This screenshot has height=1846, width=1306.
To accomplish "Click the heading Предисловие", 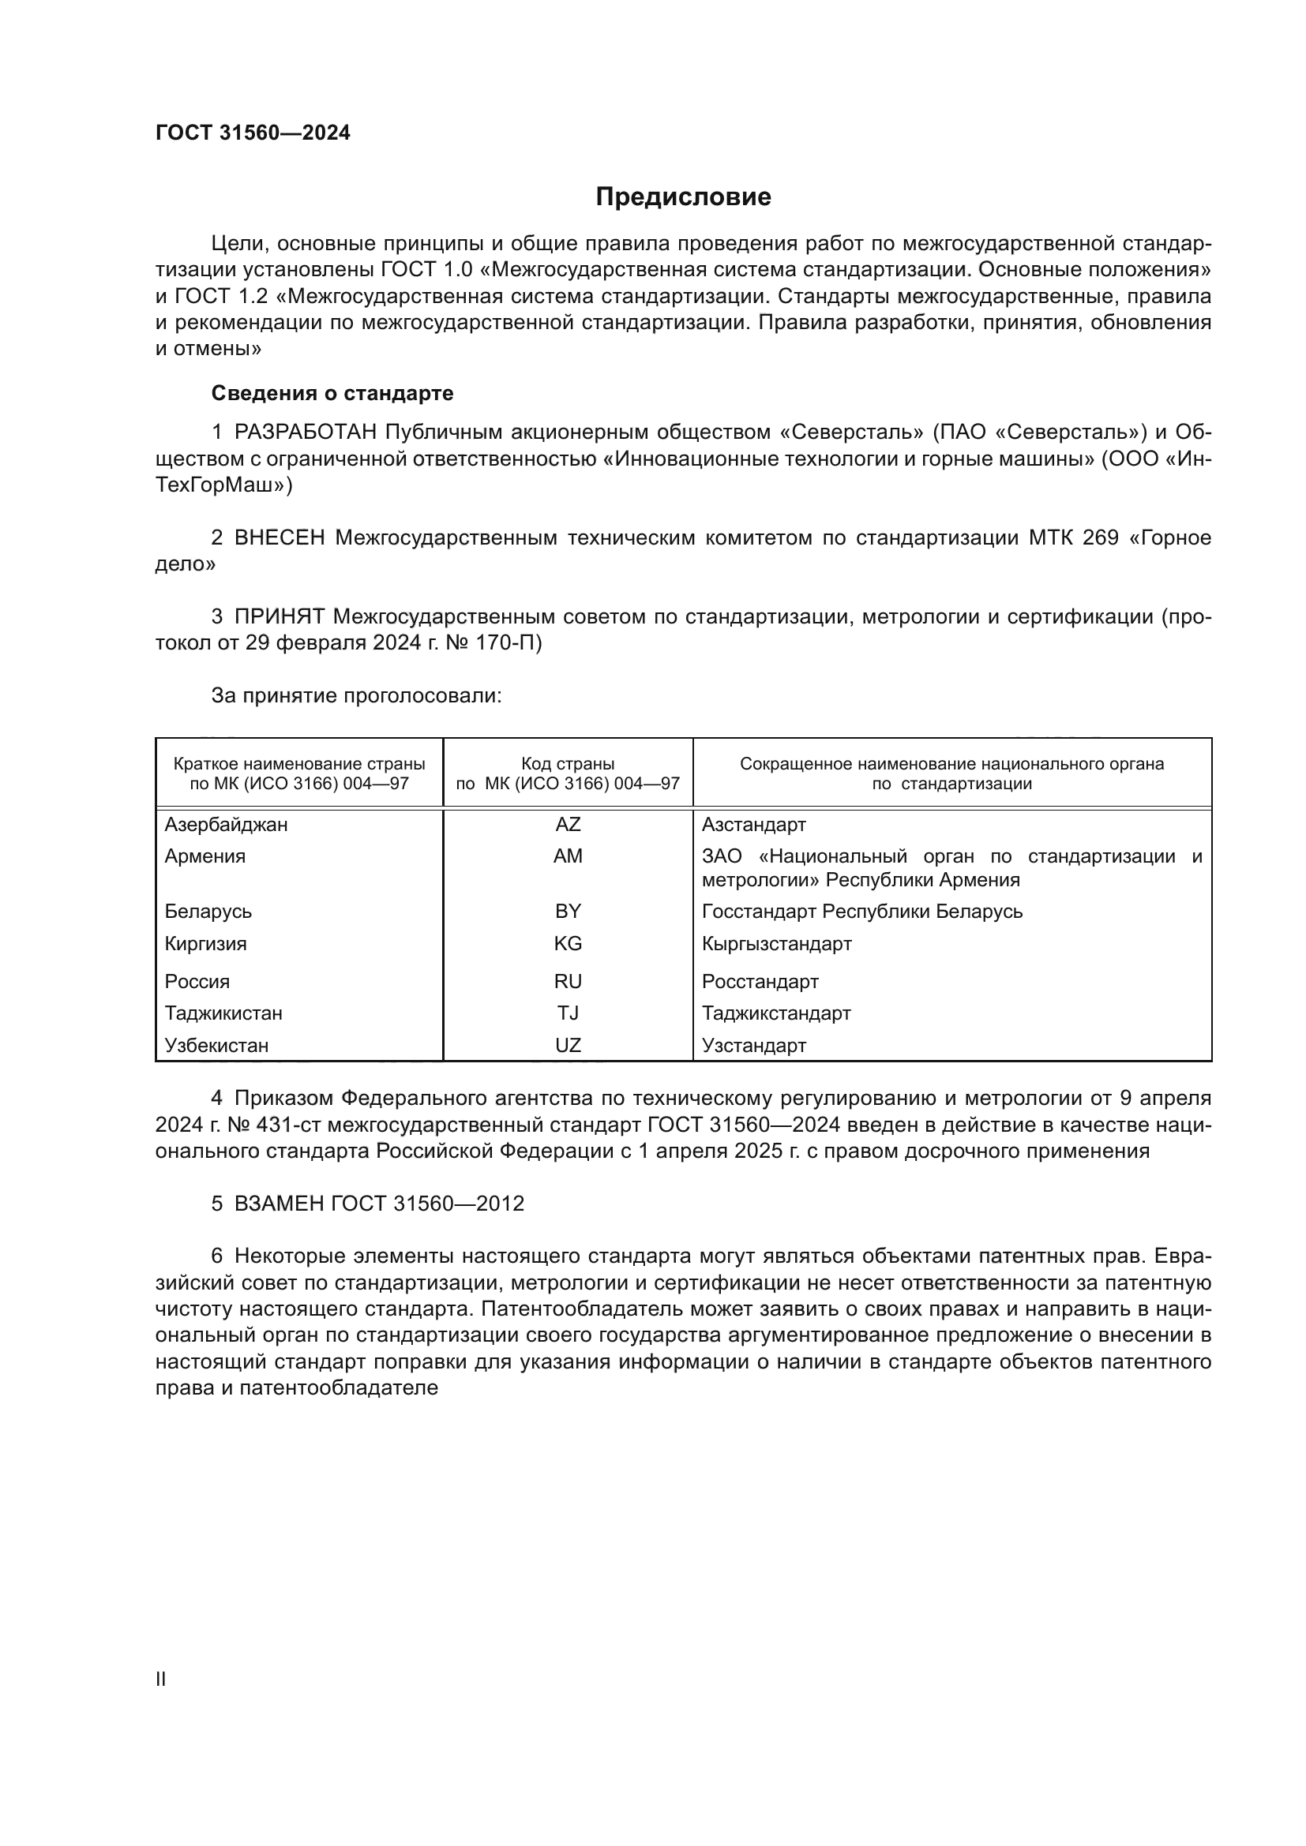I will [x=683, y=197].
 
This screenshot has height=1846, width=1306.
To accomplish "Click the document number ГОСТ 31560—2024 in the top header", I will [x=253, y=133].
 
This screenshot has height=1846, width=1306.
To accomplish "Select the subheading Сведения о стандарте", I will [x=332, y=393].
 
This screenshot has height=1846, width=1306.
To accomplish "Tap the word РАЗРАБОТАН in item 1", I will [x=305, y=432].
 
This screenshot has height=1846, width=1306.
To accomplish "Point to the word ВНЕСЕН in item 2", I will [x=279, y=538].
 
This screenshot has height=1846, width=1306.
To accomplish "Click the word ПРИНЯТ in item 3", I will [x=279, y=616].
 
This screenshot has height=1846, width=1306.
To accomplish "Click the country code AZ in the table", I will [x=568, y=825].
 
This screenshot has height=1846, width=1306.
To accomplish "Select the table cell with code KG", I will [x=568, y=943].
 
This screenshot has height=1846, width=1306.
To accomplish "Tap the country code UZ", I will [x=568, y=1045].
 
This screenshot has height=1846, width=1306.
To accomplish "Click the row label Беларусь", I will [x=208, y=911].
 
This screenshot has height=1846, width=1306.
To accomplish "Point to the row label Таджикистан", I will [x=223, y=1013].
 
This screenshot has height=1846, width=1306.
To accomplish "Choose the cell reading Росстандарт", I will [x=760, y=982].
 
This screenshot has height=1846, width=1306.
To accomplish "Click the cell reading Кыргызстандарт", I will [x=776, y=943].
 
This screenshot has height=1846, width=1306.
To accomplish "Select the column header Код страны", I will [x=568, y=764].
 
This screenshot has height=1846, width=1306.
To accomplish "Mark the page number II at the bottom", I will [x=161, y=1679].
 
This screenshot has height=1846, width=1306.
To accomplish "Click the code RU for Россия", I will [x=568, y=982].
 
